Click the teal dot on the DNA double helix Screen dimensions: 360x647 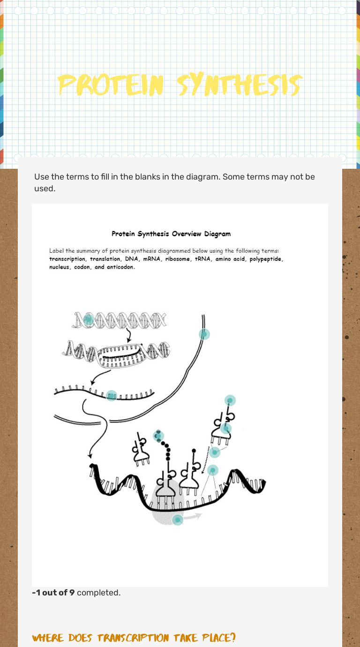(88, 320)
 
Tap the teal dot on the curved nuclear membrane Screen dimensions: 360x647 (204, 334)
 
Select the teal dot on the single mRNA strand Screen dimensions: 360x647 (112, 396)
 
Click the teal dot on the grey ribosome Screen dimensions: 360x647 (178, 520)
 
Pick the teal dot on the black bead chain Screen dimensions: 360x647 (158, 436)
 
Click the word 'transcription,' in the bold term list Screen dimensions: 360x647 (67, 259)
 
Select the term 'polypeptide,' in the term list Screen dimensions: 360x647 (266, 259)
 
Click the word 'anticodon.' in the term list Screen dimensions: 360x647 (121, 267)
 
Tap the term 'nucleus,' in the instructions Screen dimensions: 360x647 (60, 267)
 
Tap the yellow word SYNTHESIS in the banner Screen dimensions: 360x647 (240, 85)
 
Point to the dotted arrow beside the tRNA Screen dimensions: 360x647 (206, 460)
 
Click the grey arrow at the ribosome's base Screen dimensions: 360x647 (192, 517)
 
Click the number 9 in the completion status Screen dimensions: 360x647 (72, 593)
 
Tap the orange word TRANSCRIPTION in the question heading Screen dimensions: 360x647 (133, 638)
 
